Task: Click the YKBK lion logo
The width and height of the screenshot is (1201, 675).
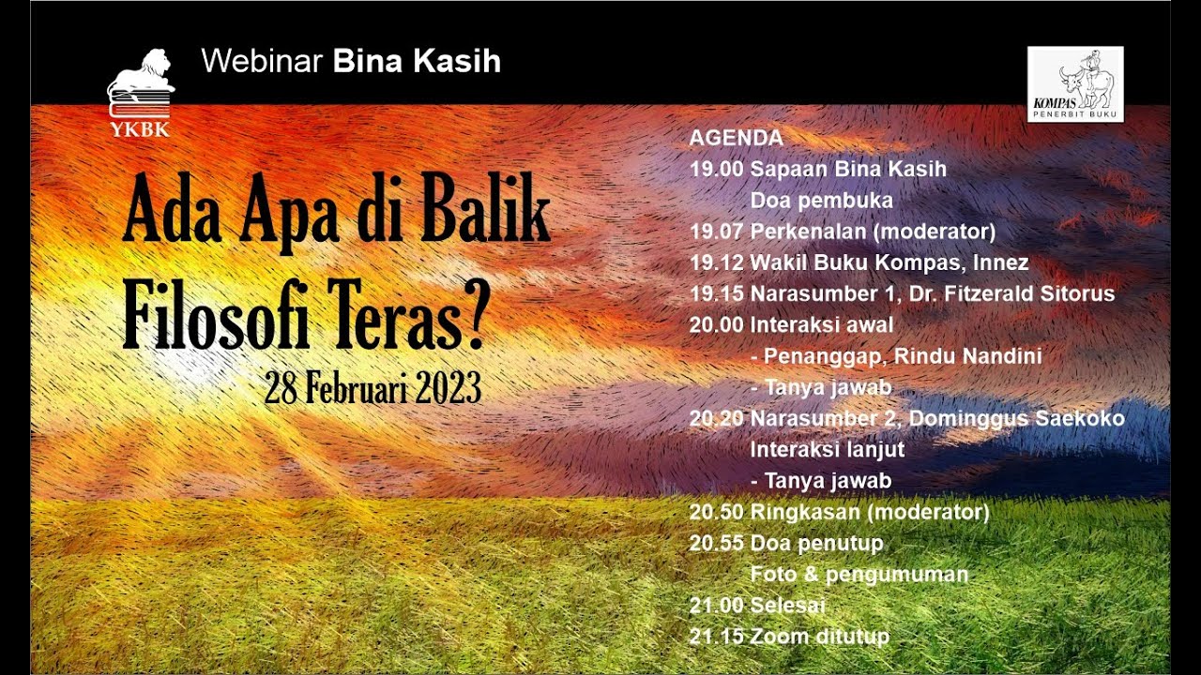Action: coord(141,92)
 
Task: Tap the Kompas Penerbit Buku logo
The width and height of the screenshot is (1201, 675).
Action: coord(1075,84)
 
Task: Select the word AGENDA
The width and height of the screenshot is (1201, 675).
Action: coord(736,138)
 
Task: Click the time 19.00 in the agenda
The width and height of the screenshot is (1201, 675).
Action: coord(717,170)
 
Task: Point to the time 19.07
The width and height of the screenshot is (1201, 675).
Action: coord(717,232)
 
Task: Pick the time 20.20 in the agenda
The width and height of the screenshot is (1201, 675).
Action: coord(717,418)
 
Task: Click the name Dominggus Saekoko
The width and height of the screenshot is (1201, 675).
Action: coord(1017,418)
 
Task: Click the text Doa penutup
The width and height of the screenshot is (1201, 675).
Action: coord(816,544)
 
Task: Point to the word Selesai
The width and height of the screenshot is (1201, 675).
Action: coord(788,606)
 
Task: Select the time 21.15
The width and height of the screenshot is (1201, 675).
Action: coord(717,637)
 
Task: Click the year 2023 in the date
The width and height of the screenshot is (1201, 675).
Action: coord(445,387)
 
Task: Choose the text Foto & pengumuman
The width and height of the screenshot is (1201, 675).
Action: coord(859,575)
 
